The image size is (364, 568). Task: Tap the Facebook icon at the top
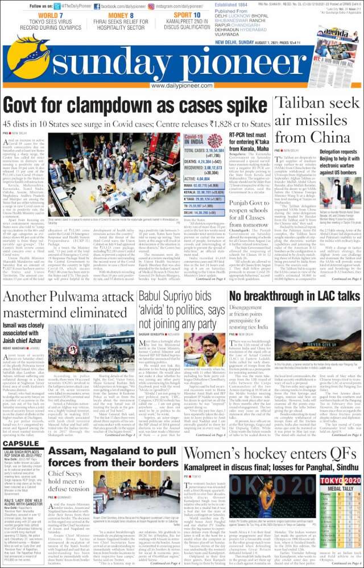click(97, 6)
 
